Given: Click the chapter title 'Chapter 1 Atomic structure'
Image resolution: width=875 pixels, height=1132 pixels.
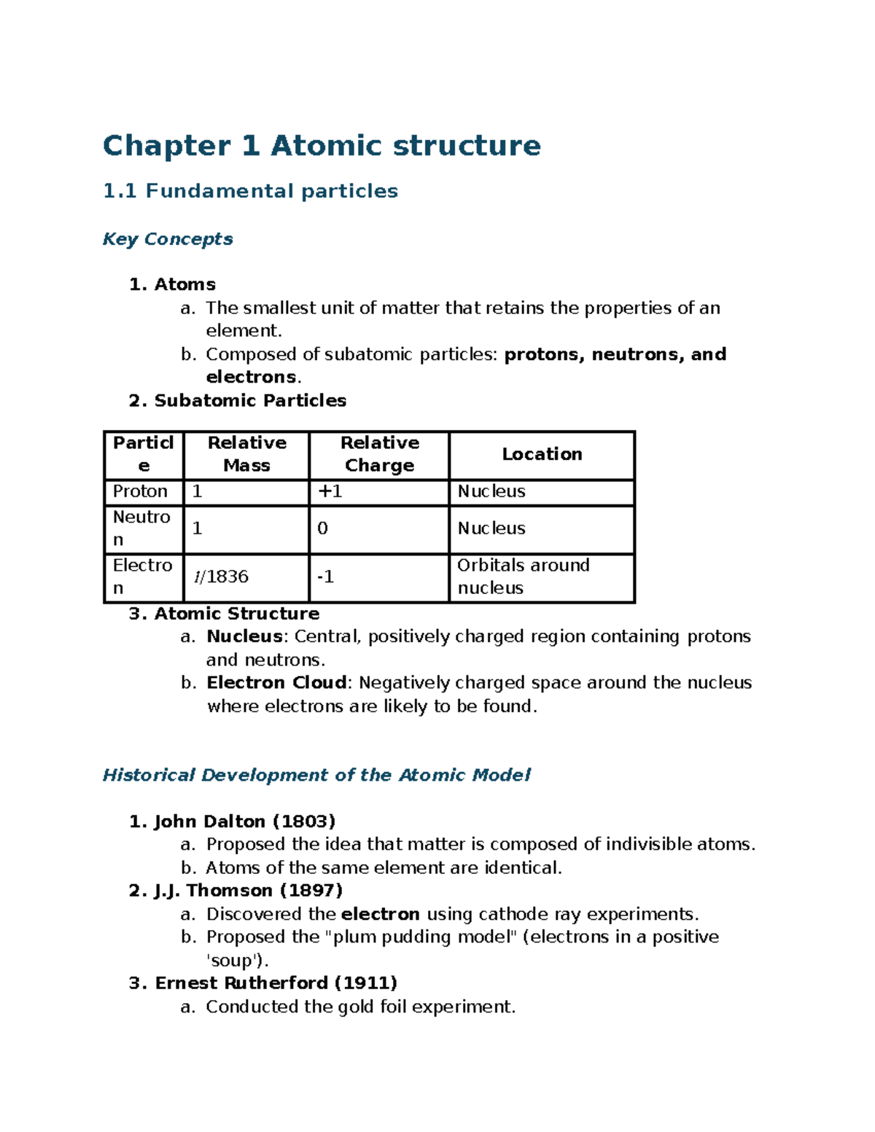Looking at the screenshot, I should pyautogui.click(x=322, y=146).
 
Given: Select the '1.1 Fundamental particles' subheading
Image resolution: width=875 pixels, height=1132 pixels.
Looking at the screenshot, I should pyautogui.click(x=250, y=191).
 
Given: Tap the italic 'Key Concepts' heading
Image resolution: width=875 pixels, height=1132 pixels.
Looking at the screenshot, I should pyautogui.click(x=168, y=239).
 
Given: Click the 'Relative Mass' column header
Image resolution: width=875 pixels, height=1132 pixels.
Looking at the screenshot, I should pyautogui.click(x=246, y=454).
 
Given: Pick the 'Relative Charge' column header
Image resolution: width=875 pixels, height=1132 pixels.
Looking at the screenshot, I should pyautogui.click(x=379, y=454).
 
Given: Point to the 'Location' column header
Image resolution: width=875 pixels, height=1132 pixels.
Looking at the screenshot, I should pyautogui.click(x=542, y=454).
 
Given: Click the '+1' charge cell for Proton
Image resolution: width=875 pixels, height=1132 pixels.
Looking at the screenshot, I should pyautogui.click(x=330, y=492).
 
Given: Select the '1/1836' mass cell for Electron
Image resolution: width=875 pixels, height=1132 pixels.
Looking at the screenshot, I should pyautogui.click(x=221, y=577).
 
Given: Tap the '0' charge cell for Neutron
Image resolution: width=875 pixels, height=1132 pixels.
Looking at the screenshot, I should pyautogui.click(x=322, y=528).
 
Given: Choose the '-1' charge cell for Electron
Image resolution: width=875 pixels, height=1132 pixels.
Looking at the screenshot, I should pyautogui.click(x=325, y=577).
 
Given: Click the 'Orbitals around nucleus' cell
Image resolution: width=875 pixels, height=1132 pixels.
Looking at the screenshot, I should pyautogui.click(x=523, y=577).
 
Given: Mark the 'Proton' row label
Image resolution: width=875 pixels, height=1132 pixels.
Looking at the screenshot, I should pyautogui.click(x=140, y=492).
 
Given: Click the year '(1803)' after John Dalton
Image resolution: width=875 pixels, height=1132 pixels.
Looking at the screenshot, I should pyautogui.click(x=303, y=821).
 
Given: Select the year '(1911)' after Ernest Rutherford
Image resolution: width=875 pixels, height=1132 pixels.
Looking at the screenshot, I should pyautogui.click(x=365, y=983).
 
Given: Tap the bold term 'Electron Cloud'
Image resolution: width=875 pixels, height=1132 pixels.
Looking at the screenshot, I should pyautogui.click(x=276, y=683).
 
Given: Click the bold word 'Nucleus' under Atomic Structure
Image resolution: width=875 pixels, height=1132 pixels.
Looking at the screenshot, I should pyautogui.click(x=244, y=636).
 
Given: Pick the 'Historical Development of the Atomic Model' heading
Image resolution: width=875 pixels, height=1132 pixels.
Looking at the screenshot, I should pyautogui.click(x=316, y=775).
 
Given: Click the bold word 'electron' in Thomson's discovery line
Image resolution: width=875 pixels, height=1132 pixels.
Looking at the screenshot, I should pyautogui.click(x=380, y=914).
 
